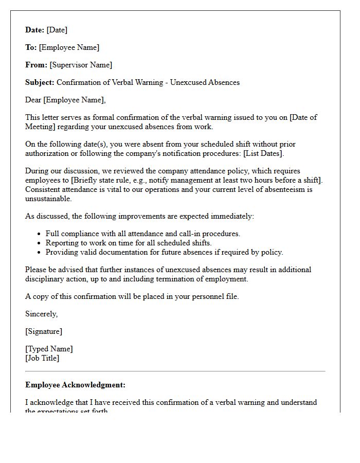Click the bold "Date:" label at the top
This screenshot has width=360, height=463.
[35, 30]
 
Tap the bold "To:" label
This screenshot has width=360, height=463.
[31, 47]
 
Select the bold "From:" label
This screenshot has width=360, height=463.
[36, 65]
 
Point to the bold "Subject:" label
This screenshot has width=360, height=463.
[40, 82]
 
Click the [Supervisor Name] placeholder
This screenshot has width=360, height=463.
[81, 65]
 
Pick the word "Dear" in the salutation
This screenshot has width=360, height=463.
[33, 100]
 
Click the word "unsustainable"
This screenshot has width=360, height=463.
[48, 199]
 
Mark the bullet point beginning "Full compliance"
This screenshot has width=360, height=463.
[142, 234]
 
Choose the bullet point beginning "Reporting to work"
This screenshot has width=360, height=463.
[128, 243]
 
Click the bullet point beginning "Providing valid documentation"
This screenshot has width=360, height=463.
[164, 252]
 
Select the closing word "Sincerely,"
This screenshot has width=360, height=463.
[42, 314]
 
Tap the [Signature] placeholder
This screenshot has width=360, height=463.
[44, 331]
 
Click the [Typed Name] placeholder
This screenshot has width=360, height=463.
[49, 349]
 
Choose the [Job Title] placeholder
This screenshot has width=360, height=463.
[42, 358]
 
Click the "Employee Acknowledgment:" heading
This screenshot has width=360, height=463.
[75, 385]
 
